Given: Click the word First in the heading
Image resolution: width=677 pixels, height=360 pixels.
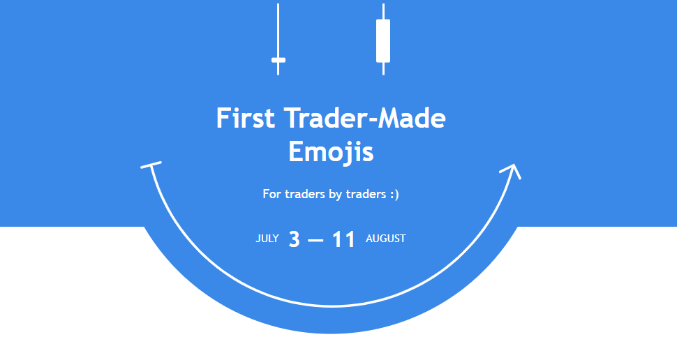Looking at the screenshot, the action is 245,118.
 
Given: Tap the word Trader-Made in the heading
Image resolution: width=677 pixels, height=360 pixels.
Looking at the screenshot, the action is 365,118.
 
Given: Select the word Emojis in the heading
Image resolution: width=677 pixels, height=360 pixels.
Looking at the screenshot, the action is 331,152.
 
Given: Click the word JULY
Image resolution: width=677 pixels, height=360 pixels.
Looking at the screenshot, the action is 267,239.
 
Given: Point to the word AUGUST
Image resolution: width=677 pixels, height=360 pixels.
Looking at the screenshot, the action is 385,239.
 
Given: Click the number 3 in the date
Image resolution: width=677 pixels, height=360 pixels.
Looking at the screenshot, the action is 294,239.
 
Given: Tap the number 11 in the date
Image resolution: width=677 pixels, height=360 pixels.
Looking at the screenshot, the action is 343,239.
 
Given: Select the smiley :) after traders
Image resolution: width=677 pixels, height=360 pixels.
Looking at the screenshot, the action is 394,194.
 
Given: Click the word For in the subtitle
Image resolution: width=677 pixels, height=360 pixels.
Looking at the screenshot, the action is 271,194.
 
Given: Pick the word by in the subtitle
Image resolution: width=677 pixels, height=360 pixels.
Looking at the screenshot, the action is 335,195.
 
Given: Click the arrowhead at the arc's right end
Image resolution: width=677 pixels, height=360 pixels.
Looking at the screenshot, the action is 512,171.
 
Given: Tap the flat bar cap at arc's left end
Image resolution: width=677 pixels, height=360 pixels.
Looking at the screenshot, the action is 151,165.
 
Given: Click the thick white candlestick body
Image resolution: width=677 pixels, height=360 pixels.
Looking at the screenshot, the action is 383,40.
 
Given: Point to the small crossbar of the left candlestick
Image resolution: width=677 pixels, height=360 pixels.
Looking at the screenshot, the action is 278,60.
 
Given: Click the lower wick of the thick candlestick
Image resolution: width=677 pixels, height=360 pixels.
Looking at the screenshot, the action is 383,69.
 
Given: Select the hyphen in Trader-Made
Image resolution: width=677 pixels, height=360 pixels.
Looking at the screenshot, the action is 372,120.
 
